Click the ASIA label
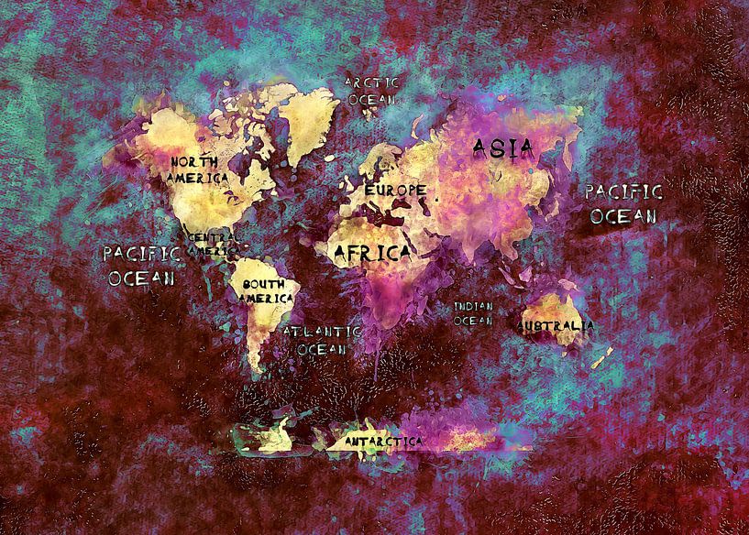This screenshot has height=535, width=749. (502, 148)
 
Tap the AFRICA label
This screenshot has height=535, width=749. (371, 252)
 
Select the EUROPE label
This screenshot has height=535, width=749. (396, 191)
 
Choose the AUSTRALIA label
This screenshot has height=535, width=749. (556, 325)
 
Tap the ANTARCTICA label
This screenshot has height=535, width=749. (383, 442)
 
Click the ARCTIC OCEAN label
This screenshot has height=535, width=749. (372, 90)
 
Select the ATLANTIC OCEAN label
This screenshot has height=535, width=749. (322, 340)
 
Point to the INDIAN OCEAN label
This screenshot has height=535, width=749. (473, 313)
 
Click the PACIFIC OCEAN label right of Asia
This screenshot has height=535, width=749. (623, 203)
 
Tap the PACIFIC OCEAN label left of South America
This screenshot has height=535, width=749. (141, 265)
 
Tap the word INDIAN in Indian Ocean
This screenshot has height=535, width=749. (473, 306)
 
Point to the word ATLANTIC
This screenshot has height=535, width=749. (322, 332)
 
